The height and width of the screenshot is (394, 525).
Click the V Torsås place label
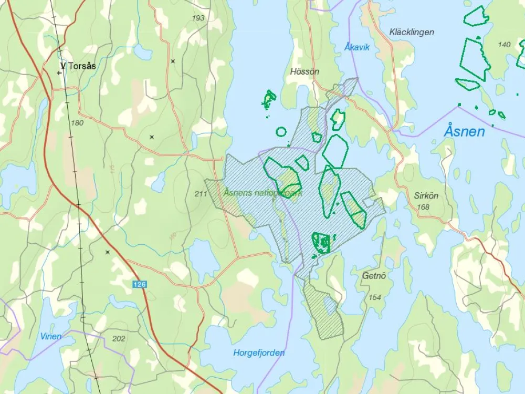[x=79, y=66]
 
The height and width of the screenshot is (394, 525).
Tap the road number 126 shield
[x=139, y=284]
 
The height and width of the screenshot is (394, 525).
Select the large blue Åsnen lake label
[x=464, y=131]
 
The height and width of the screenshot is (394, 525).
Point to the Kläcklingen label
[x=412, y=32]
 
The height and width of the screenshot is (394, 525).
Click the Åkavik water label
[x=357, y=47]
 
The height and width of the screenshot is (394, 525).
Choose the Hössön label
[x=304, y=72]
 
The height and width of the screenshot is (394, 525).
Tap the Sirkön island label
[x=426, y=195]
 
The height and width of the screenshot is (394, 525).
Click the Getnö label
[x=374, y=275]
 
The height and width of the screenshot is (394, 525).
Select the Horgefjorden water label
[x=259, y=352]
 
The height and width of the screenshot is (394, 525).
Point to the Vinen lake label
[x=51, y=336]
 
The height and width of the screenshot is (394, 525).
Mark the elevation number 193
[x=198, y=18]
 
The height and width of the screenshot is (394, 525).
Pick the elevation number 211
[x=201, y=194]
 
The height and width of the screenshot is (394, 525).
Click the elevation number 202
[x=119, y=339]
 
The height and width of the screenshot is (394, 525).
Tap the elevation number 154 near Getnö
[x=375, y=297]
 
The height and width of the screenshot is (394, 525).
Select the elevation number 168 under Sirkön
[x=423, y=207]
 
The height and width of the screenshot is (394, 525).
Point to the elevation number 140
[x=503, y=45]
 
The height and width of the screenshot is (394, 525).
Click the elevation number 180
[x=77, y=123]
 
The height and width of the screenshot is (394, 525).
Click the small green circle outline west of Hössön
[x=281, y=131]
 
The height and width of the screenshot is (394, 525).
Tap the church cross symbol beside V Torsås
[x=59, y=73]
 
